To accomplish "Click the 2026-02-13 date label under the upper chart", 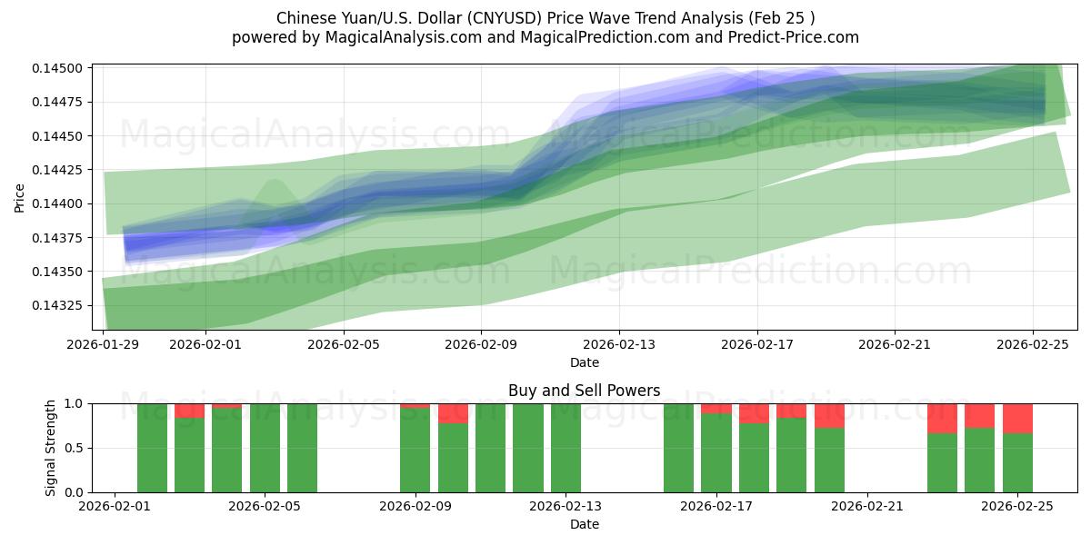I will pyautogui.click(x=618, y=344).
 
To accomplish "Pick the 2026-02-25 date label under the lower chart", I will pyautogui.click(x=1016, y=506).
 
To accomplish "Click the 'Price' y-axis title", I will pyautogui.click(x=20, y=197).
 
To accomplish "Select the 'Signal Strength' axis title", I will pyautogui.click(x=51, y=448).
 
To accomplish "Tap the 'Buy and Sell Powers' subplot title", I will pyautogui.click(x=584, y=391).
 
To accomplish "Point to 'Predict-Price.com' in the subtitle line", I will pyautogui.click(x=793, y=37).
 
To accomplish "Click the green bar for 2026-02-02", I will pyautogui.click(x=152, y=448).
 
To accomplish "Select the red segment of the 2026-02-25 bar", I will pyautogui.click(x=1017, y=418).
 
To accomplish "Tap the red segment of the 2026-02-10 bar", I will pyautogui.click(x=453, y=413).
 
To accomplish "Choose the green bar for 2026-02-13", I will pyautogui.click(x=566, y=448).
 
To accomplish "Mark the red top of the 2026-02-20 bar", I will pyautogui.click(x=829, y=415).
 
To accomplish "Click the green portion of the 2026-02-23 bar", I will pyautogui.click(x=942, y=462).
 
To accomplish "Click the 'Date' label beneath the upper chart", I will pyautogui.click(x=584, y=362).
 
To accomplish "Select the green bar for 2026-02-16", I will pyautogui.click(x=678, y=448).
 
